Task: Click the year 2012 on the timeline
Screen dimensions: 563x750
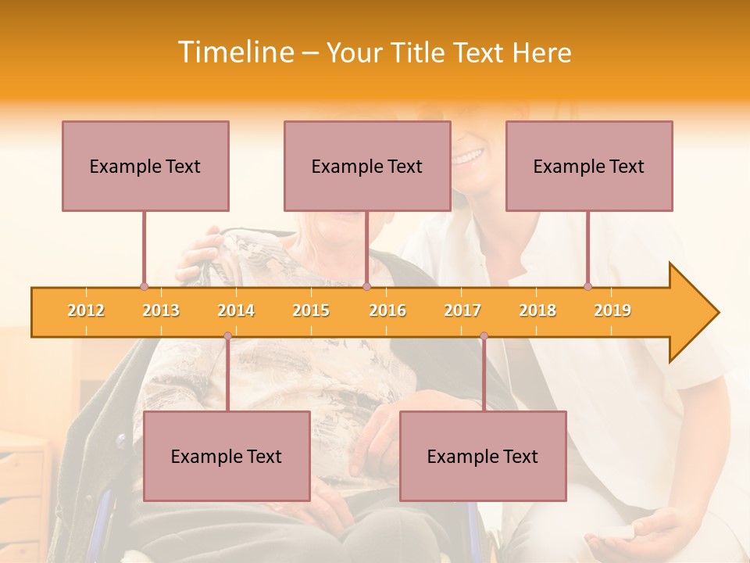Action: coord(86,310)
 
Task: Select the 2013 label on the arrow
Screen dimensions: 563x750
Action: coord(161,310)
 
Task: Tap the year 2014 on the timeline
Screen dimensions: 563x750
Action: coord(236,310)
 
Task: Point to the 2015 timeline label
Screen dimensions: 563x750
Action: coord(311,310)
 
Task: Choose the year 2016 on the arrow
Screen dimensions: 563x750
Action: coord(387,310)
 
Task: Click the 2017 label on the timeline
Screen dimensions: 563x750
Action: coord(462,310)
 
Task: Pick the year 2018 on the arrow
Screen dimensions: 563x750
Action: coord(537,310)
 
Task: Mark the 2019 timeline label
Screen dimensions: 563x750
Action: coord(612,310)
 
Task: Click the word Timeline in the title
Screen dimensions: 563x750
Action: coord(234,52)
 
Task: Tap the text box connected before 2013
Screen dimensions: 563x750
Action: coord(145,166)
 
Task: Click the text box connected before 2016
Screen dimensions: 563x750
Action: coord(367,166)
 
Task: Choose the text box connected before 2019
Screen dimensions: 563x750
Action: coord(589,166)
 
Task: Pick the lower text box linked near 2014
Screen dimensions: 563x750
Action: coord(227,456)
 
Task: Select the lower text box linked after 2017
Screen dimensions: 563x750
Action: coord(483,456)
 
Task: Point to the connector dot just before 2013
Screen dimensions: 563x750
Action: coord(144,287)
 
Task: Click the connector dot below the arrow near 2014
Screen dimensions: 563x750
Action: coord(227,336)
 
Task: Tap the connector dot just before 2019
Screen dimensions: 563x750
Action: coord(587,287)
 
